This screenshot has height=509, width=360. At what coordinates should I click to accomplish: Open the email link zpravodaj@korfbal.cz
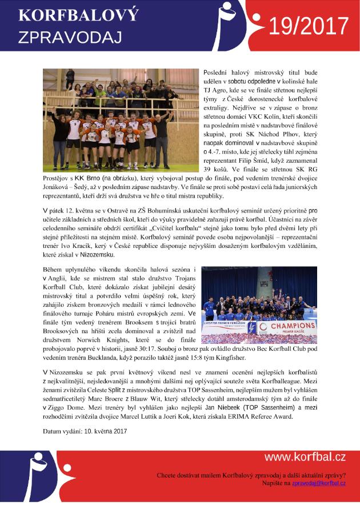click(319, 483)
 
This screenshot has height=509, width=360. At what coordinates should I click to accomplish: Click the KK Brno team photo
click(120, 120)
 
